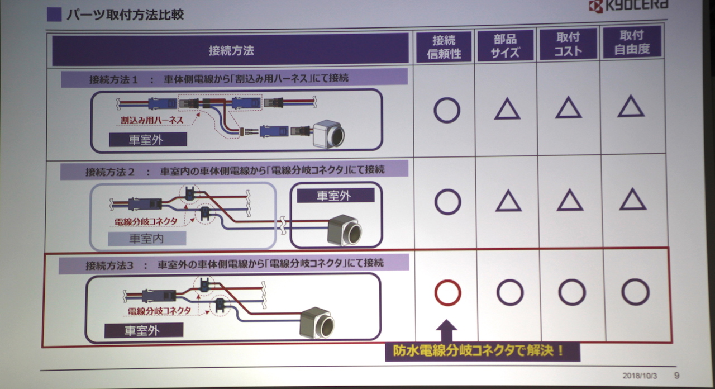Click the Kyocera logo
point(628,7)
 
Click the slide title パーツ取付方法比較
point(125,15)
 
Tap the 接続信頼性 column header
point(445,46)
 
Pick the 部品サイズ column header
point(506,46)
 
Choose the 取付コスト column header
point(568,44)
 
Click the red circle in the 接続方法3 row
point(447,293)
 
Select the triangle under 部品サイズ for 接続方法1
point(507,109)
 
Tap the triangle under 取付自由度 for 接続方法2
point(633,200)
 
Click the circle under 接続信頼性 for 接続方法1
point(447,110)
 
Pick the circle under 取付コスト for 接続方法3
point(572,292)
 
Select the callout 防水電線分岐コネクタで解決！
point(482,352)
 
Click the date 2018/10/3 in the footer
point(640,376)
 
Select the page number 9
point(677,376)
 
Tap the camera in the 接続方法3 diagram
point(317,323)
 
